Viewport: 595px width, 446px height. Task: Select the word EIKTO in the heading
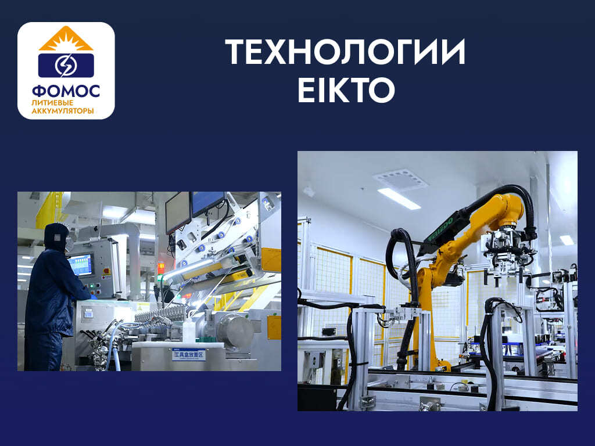click(346, 90)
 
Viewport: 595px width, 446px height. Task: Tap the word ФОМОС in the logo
click(66, 91)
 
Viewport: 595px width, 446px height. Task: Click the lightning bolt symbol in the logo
click(65, 65)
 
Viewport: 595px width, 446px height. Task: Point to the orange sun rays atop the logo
click(66, 39)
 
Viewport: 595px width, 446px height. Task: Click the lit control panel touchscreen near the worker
click(80, 265)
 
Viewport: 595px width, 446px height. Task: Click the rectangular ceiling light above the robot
click(399, 198)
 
